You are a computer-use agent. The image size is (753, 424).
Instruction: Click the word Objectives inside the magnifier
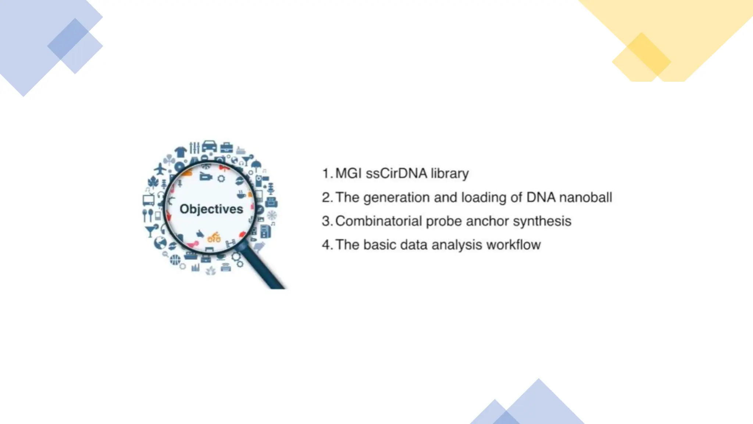coord(211,209)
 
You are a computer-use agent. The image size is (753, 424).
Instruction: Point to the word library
coord(450,174)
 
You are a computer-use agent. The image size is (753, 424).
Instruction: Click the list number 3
coord(326,221)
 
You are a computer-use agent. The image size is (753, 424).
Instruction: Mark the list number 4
coord(326,245)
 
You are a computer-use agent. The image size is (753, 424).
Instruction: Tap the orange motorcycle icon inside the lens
coord(214,237)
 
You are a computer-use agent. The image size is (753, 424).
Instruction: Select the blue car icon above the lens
coord(209,145)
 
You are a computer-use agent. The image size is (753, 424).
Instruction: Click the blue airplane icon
coord(160,169)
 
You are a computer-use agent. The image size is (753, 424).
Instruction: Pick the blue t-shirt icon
coord(181,151)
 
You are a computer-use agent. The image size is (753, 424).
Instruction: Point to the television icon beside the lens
coord(149,200)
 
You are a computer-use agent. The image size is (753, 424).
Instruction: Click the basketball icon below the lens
coord(175,260)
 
